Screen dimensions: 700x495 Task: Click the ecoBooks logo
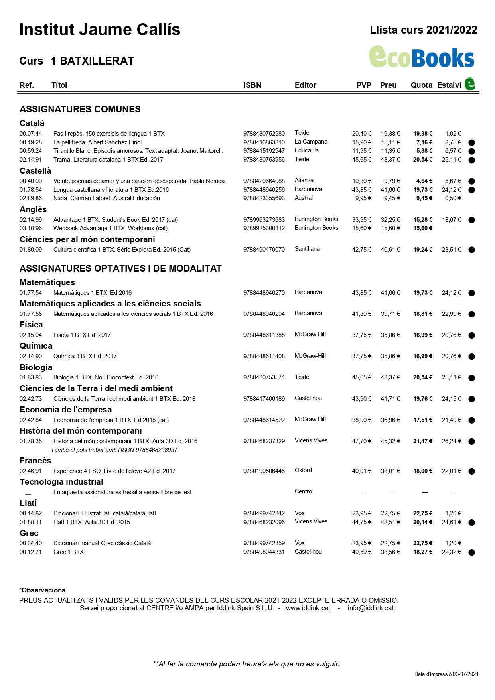point(421,57)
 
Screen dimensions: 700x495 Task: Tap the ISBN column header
point(252,85)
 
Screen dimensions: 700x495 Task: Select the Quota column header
point(421,85)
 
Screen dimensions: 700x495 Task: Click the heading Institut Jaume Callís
point(100,30)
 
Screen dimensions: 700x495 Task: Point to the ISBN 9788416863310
point(264,142)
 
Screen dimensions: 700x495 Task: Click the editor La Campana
point(311,142)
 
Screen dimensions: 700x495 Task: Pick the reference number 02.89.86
point(31,198)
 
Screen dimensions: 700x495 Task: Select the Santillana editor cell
point(307,249)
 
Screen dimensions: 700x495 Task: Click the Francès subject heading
point(35,461)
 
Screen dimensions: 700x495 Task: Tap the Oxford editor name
point(303,470)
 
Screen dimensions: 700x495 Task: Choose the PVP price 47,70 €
point(361,441)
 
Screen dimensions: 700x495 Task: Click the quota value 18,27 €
point(422,552)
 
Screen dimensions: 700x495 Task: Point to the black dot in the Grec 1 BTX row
point(471,552)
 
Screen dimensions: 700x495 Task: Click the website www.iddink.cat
point(308,608)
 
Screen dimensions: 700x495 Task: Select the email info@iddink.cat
point(371,608)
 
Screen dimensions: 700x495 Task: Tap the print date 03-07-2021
point(465,674)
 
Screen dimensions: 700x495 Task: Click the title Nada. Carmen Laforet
point(106,198)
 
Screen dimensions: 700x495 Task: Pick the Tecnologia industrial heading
point(61,482)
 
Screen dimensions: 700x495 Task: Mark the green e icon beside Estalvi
point(470,84)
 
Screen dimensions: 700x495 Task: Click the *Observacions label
point(42,590)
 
